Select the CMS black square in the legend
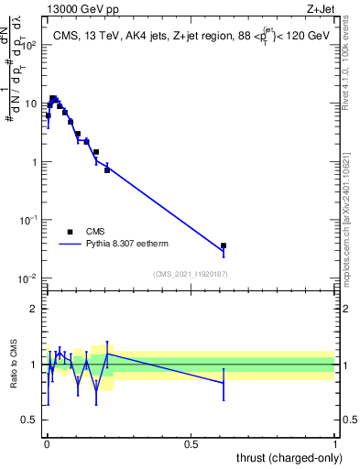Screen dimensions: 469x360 click(x=71, y=233)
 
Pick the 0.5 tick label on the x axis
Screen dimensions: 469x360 click(x=191, y=443)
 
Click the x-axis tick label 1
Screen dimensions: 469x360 click(x=335, y=443)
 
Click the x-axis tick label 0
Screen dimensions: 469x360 click(x=47, y=443)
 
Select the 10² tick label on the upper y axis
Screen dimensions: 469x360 click(x=28, y=44)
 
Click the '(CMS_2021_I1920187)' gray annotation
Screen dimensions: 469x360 click(x=191, y=273)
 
